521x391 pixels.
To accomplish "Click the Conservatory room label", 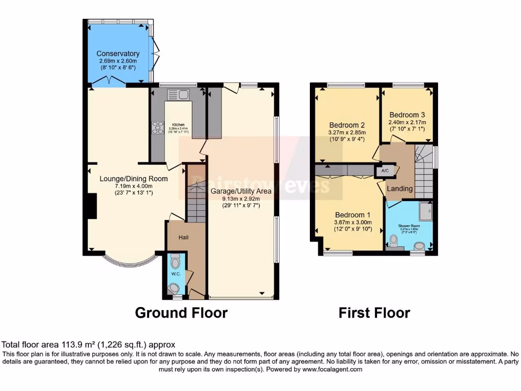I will pyautogui.click(x=118, y=53).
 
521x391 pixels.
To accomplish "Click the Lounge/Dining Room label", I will pyautogui.click(x=133, y=179).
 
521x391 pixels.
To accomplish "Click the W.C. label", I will pyautogui.click(x=176, y=274).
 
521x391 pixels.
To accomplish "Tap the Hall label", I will pyautogui.click(x=184, y=237).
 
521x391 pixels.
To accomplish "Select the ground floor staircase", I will pyautogui.click(x=195, y=196).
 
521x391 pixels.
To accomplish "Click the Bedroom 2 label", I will pyautogui.click(x=347, y=125).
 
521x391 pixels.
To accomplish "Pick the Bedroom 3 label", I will pyautogui.click(x=407, y=115).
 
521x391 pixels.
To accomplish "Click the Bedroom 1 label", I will pyautogui.click(x=353, y=215).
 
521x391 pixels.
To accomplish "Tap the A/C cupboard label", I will pyautogui.click(x=385, y=172).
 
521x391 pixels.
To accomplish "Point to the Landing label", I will pyautogui.click(x=400, y=189).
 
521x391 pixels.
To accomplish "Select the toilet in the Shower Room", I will pyautogui.click(x=393, y=240).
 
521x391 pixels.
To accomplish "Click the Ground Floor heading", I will pyautogui.click(x=181, y=312).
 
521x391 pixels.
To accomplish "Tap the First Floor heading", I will pyautogui.click(x=374, y=312).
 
